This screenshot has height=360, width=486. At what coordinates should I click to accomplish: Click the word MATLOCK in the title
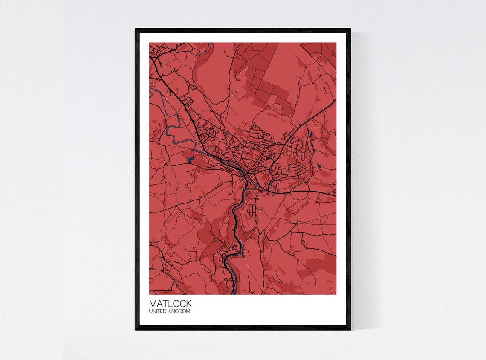click(170, 304)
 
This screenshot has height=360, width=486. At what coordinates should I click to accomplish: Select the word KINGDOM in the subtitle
click(180, 311)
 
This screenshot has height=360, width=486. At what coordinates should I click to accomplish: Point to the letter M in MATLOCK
click(153, 304)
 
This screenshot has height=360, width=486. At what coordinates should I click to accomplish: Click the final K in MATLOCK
click(188, 304)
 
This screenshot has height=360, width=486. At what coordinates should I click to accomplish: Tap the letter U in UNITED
click(150, 311)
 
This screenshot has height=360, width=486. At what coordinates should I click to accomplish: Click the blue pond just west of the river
click(190, 160)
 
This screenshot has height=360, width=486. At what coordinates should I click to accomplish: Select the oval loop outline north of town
click(278, 105)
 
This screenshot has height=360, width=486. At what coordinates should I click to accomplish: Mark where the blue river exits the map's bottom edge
click(235, 293)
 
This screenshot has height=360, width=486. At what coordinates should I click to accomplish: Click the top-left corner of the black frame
click(136, 29)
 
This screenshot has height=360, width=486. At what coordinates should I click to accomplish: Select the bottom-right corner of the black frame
click(350, 329)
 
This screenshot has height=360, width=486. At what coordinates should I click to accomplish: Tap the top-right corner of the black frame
click(350, 29)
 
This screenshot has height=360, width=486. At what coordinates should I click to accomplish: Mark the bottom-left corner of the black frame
click(136, 329)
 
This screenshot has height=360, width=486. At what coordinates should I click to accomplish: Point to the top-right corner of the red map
click(336, 43)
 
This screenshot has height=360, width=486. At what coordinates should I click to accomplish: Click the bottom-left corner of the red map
click(150, 294)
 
